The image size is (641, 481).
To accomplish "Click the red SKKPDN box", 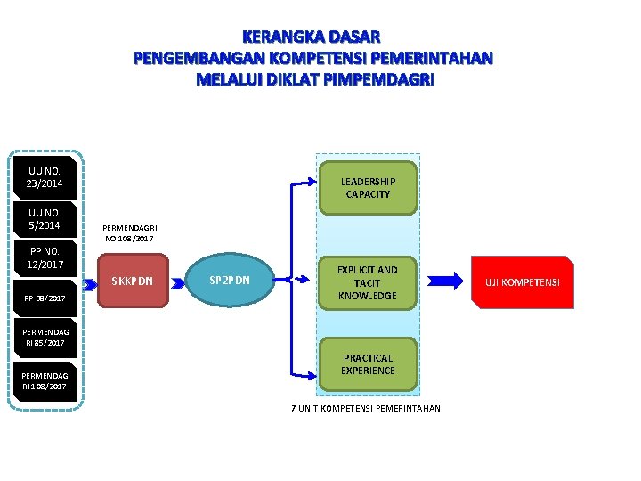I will tap(132, 281).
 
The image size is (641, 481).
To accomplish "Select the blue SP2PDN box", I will tap(230, 281).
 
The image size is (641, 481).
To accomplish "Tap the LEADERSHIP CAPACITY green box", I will tap(368, 188).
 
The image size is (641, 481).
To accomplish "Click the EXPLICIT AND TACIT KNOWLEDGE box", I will tap(368, 282).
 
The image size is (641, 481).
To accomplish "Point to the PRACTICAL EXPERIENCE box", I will tap(368, 364).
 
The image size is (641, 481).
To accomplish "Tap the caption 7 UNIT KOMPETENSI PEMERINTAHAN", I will tap(366, 409).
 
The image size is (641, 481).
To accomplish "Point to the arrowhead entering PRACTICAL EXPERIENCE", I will tap(311, 374).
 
